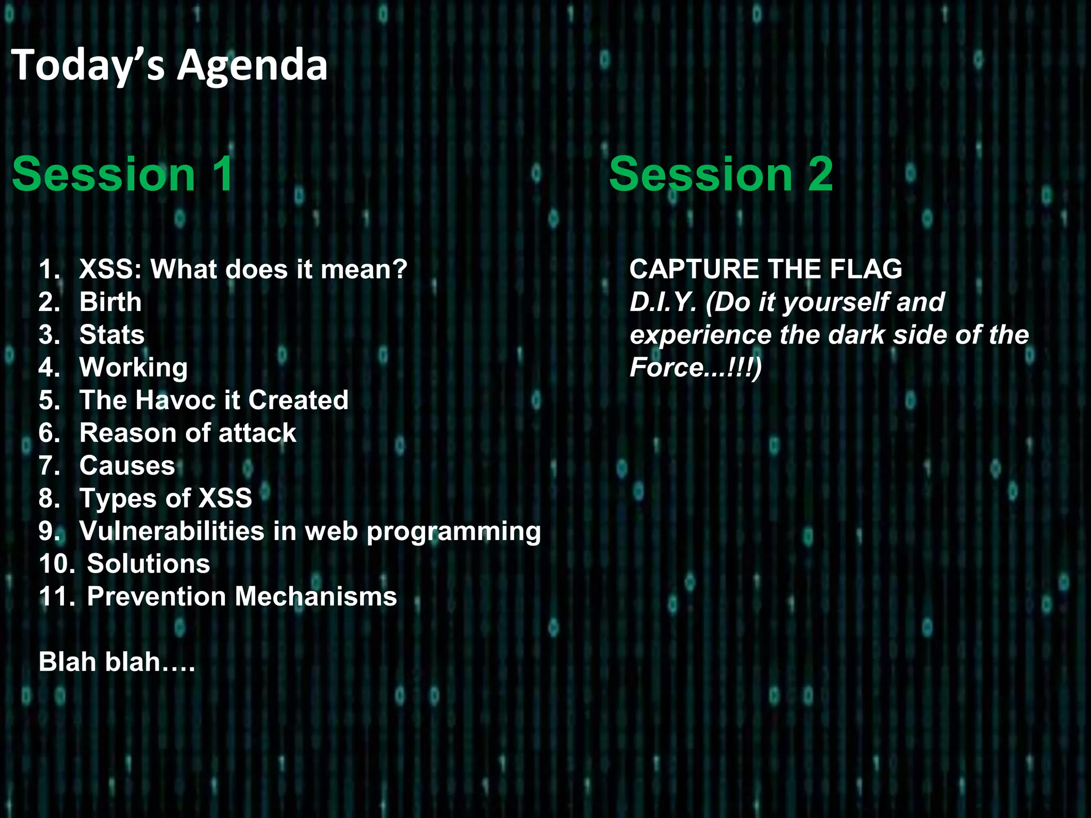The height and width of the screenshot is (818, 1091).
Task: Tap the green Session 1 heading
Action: pos(123,174)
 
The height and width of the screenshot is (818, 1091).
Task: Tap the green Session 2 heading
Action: pos(721,174)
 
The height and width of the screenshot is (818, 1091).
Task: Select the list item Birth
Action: pos(110,302)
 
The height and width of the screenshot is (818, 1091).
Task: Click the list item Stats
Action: pos(112,335)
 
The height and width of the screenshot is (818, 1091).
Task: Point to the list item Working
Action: pos(133,367)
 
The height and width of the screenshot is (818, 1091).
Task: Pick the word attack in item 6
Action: pos(257,433)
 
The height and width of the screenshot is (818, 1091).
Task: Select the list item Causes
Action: pos(127,465)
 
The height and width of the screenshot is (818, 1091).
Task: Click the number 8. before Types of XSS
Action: pos(49,498)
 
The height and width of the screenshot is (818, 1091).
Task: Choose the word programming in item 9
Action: pos(453,532)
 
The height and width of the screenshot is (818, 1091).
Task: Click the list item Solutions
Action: pos(149,564)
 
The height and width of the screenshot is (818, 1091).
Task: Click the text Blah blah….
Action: pos(117,662)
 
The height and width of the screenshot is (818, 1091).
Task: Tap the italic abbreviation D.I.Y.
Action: pos(663,302)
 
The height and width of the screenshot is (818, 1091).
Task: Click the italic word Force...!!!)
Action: pos(695,368)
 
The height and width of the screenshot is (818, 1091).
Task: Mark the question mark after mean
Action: pos(400,269)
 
